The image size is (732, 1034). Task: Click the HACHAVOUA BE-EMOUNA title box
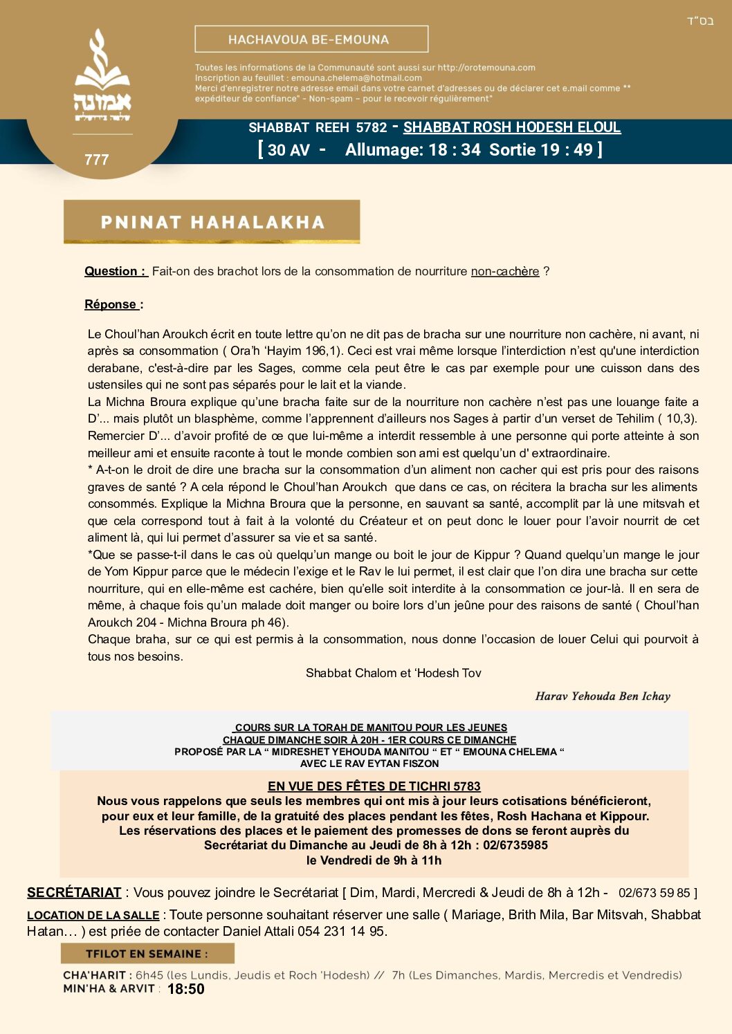tap(311, 39)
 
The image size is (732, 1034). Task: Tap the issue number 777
tap(97, 160)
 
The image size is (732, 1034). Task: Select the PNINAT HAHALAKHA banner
tap(212, 222)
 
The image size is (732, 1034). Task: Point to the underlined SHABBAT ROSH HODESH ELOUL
tap(512, 127)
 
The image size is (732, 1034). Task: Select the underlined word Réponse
tap(111, 304)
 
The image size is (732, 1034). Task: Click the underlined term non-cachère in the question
tap(505, 271)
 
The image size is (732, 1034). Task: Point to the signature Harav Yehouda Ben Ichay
tap(603, 696)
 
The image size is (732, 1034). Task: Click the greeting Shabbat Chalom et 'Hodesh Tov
tap(393, 673)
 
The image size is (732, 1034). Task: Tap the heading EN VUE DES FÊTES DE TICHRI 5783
tap(374, 786)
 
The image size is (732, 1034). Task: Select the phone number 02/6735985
tap(515, 845)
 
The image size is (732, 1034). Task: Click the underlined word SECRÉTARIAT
tap(74, 893)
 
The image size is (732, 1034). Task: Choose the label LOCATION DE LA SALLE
tap(93, 915)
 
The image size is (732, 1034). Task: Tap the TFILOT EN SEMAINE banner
tap(147, 954)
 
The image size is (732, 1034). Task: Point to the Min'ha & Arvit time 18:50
tap(186, 989)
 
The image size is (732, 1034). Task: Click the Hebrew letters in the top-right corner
tap(699, 21)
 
